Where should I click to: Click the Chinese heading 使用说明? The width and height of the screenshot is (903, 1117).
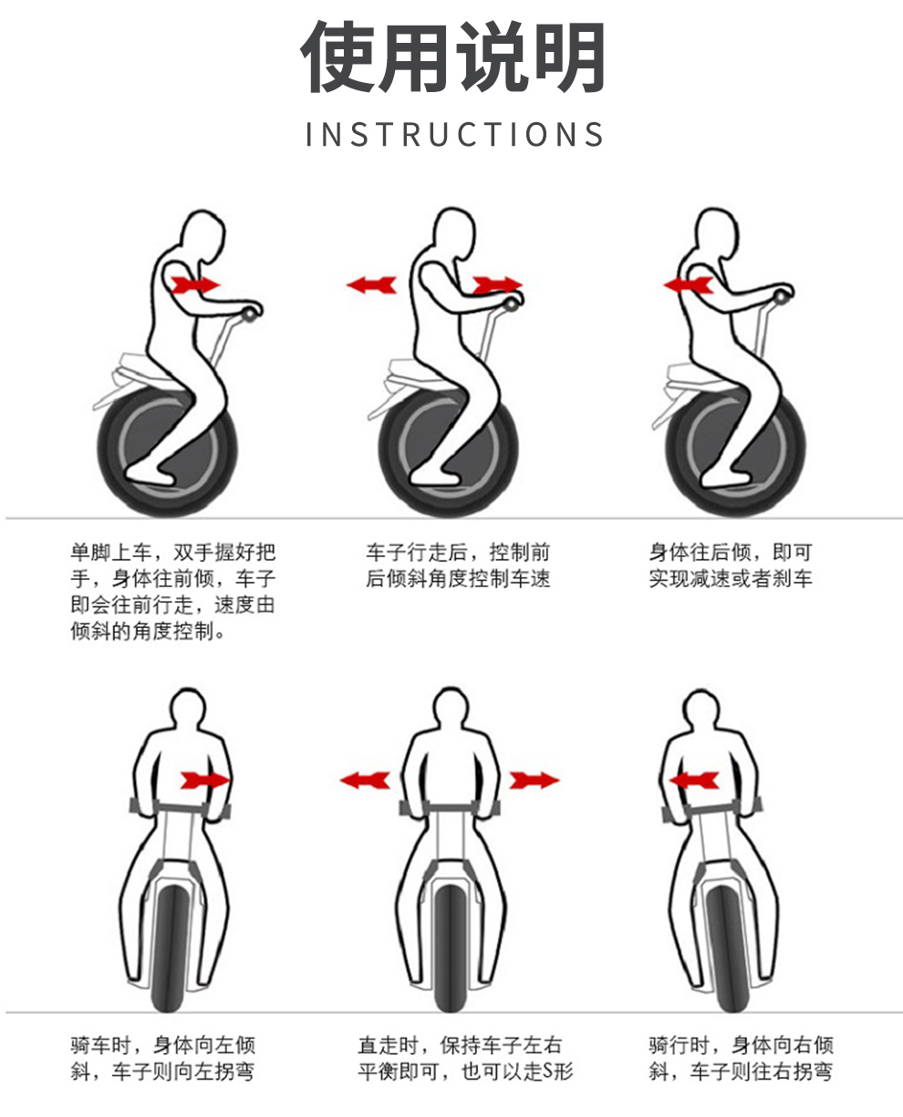(452, 57)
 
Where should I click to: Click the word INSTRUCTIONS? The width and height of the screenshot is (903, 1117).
(454, 134)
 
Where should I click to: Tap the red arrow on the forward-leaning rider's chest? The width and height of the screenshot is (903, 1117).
(195, 285)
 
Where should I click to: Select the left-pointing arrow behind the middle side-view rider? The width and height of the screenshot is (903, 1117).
(371, 285)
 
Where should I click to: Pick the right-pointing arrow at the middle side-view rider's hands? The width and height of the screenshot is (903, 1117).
(498, 285)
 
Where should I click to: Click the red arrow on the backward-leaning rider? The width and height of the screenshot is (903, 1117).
(688, 285)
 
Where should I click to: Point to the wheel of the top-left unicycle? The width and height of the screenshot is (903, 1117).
(167, 451)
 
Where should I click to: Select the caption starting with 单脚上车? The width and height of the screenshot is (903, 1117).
(173, 592)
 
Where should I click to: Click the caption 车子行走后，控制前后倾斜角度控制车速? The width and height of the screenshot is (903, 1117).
(458, 565)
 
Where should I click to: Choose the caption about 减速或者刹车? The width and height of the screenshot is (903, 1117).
(731, 565)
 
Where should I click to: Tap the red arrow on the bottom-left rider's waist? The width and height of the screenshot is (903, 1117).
(205, 781)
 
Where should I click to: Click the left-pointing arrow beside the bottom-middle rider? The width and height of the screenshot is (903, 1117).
(365, 781)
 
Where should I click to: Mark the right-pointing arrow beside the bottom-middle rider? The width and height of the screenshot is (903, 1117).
(535, 781)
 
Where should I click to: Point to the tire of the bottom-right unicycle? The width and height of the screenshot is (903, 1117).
(730, 950)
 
